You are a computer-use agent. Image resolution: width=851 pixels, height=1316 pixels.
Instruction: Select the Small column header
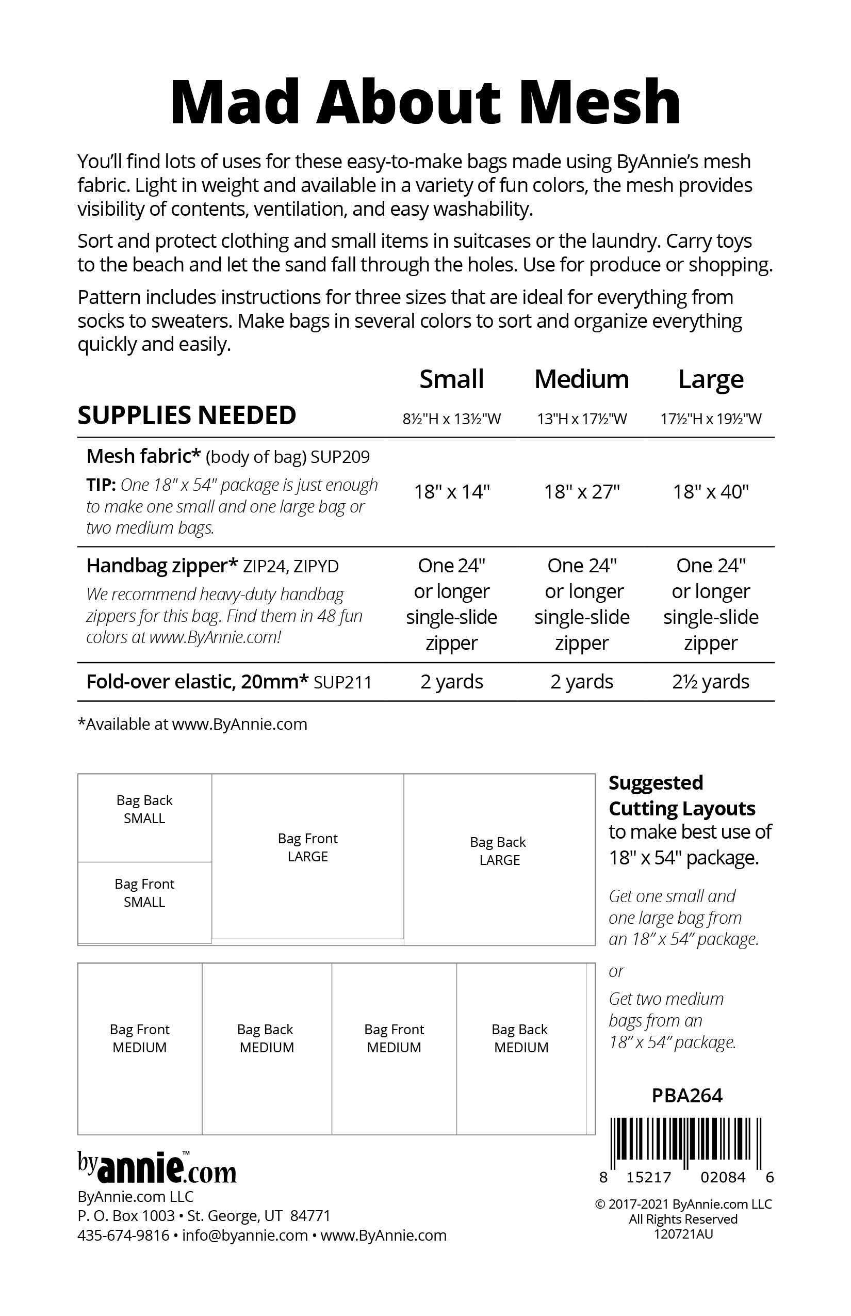tap(451, 379)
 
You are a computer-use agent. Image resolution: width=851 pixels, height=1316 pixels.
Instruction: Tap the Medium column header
tap(581, 379)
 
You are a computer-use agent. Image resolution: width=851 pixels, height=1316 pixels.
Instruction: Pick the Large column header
tap(711, 379)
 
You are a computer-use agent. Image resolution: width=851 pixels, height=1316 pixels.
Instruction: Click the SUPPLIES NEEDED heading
tap(187, 415)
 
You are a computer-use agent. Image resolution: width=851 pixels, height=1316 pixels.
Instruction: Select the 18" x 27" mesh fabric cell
tap(581, 491)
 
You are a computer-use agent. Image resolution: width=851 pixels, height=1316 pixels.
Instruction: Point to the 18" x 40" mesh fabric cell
tap(711, 491)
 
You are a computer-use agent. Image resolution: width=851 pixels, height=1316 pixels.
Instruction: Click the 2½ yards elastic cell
tap(711, 682)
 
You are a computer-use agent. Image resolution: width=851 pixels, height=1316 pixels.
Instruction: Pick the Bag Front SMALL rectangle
tap(144, 901)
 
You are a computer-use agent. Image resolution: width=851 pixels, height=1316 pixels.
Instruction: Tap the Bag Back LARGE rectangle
tap(499, 859)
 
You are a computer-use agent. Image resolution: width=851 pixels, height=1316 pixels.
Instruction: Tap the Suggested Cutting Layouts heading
tap(682, 796)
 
